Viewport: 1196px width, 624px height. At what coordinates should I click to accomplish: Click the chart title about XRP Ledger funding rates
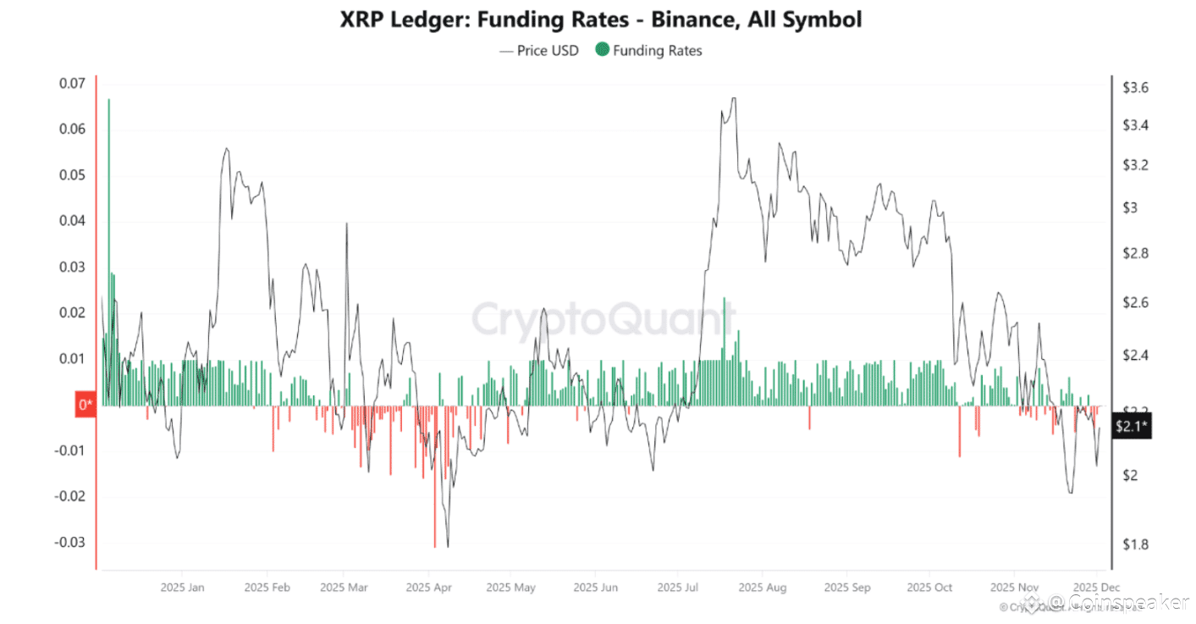(600, 19)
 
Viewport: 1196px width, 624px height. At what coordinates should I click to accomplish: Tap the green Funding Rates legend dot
(602, 50)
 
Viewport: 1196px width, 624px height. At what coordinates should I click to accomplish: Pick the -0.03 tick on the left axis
(72, 543)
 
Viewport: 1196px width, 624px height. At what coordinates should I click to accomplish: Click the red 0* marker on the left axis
(85, 406)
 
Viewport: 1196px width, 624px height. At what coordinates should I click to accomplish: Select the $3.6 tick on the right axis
(1135, 87)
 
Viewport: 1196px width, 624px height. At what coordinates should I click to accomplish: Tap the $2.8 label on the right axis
(1135, 253)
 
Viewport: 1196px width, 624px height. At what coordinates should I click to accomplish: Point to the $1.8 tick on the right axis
(1135, 544)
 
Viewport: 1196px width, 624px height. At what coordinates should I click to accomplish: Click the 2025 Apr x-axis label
(431, 587)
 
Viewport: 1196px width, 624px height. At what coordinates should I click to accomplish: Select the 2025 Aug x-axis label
(763, 587)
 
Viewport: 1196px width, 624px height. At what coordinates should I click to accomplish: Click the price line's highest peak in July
(733, 98)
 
